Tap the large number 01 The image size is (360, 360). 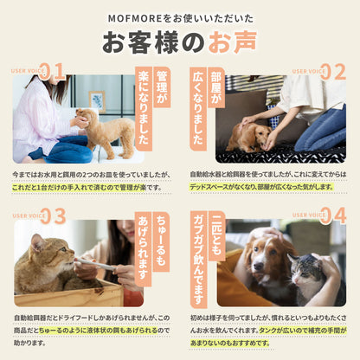[51, 72]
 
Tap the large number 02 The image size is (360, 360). [332, 72]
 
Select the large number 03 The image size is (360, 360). [51, 215]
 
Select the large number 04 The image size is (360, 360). [332, 215]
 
